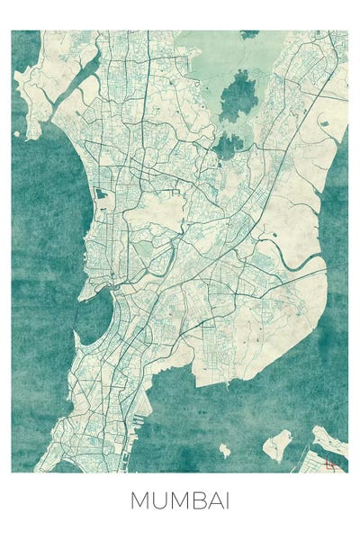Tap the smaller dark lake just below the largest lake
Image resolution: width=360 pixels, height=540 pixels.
click(x=228, y=144)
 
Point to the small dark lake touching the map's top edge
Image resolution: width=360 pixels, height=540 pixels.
click(x=249, y=34)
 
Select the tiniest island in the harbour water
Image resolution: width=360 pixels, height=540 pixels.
click(x=224, y=449)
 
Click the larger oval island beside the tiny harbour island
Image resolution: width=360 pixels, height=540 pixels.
click(x=280, y=443)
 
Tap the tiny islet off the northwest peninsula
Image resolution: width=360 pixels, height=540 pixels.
click(x=17, y=135)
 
